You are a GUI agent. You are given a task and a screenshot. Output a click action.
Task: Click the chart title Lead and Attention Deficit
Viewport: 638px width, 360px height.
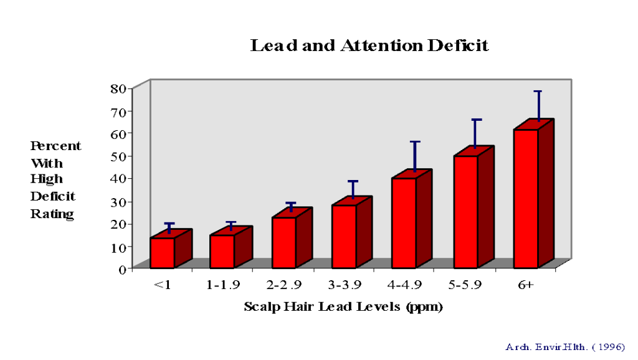tap(369, 45)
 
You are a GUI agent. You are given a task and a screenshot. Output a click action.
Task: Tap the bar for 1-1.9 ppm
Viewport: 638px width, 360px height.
tap(222, 251)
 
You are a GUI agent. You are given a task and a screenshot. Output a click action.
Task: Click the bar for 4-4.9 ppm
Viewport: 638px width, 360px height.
tap(404, 222)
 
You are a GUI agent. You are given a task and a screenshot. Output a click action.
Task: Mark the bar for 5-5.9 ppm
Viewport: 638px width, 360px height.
tap(465, 211)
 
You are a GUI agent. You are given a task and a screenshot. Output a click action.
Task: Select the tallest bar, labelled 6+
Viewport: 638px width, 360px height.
tap(526, 198)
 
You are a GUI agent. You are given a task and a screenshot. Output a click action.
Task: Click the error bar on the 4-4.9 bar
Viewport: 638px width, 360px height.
tap(415, 155)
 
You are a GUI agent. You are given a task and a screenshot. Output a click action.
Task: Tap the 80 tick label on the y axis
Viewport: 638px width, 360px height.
tap(118, 88)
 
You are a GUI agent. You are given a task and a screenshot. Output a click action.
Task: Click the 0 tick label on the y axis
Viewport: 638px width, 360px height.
tap(123, 269)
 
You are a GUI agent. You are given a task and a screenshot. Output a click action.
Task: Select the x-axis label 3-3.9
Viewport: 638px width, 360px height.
tap(343, 286)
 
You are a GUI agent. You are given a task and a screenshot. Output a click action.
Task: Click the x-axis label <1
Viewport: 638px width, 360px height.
tap(163, 286)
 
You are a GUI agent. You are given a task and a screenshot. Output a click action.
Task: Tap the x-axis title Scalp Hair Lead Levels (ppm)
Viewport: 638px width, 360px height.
tap(343, 307)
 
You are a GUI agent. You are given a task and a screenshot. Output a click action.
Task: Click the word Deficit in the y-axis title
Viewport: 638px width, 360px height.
tap(53, 197)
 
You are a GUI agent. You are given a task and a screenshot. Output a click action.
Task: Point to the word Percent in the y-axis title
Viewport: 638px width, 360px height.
tap(55, 146)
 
